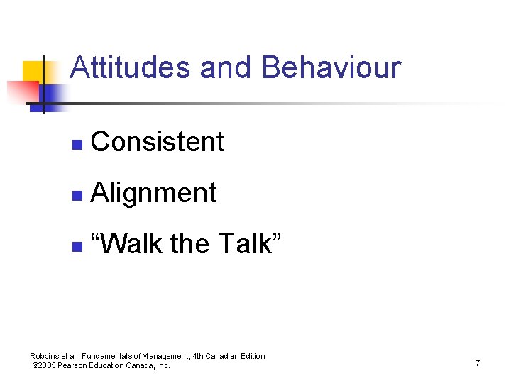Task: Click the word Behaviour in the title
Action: tap(331, 68)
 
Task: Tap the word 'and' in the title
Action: tap(226, 68)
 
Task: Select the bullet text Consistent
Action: tap(158, 142)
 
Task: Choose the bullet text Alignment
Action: tap(154, 193)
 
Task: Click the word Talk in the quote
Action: tap(249, 244)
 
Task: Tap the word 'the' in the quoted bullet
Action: tap(189, 244)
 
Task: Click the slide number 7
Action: tap(478, 363)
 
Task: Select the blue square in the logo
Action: tap(53, 94)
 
